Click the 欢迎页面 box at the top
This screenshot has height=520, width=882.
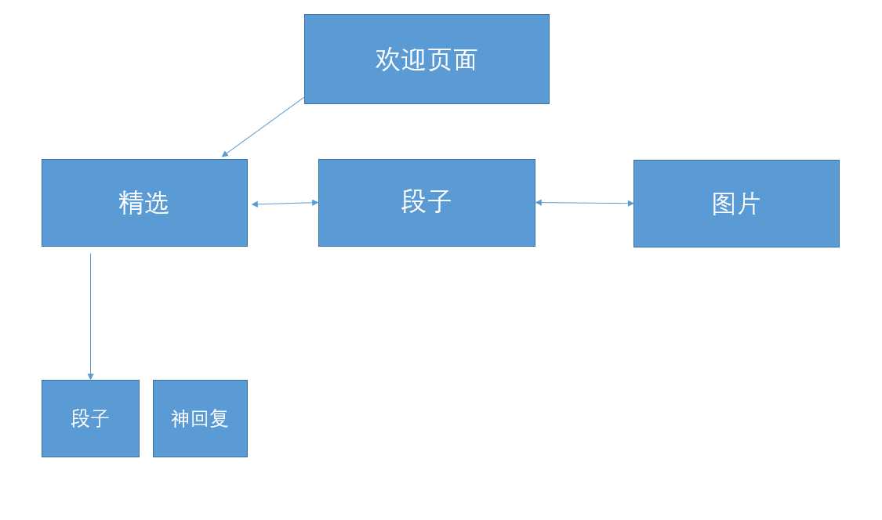(426, 59)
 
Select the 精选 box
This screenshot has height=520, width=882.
(144, 203)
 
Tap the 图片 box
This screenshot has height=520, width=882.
(736, 204)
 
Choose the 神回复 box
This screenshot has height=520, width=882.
(200, 418)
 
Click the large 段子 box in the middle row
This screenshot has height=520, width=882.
(426, 203)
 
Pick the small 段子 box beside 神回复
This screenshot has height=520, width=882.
(90, 418)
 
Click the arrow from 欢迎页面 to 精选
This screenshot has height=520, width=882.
(263, 127)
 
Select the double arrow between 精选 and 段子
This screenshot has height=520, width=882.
(285, 204)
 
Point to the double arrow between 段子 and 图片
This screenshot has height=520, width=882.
(584, 203)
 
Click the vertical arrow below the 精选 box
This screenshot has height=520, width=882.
(90, 313)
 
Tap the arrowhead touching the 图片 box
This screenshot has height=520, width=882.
(630, 204)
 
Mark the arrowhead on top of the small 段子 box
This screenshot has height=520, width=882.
(90, 377)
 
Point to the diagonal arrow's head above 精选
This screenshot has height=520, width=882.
(225, 154)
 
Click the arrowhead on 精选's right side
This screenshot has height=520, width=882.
(255, 204)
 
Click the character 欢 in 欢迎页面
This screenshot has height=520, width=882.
(388, 60)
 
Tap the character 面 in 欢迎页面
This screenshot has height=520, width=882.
(465, 60)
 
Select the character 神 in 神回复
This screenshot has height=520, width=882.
(180, 419)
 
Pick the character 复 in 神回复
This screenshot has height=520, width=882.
(219, 419)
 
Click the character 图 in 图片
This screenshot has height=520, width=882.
(723, 204)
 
